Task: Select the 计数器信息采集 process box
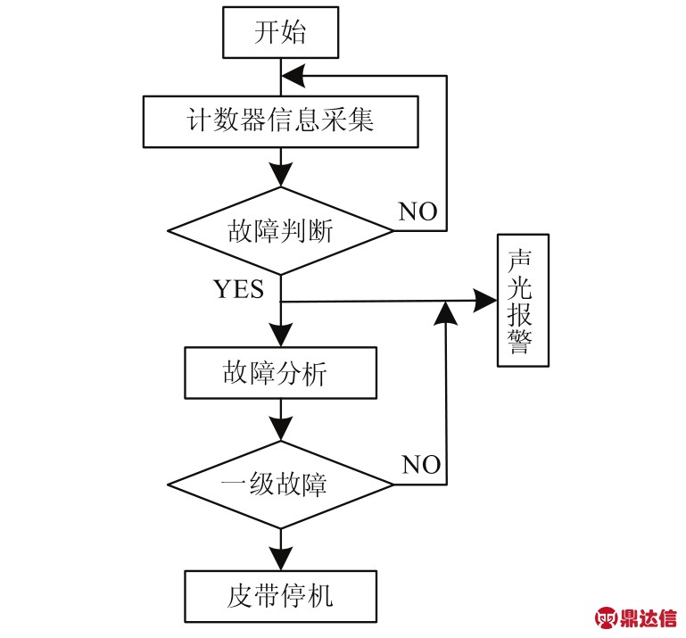(x=281, y=120)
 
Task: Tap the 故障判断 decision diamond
(x=281, y=232)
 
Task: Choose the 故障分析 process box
(x=281, y=373)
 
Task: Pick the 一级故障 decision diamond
(x=281, y=485)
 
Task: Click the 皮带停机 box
(x=281, y=593)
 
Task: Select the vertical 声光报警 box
(x=523, y=301)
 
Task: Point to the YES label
(x=238, y=288)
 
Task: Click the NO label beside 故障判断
(x=417, y=211)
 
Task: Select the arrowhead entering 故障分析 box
(x=281, y=337)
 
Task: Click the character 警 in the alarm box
(x=523, y=344)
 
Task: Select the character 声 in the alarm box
(x=523, y=258)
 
